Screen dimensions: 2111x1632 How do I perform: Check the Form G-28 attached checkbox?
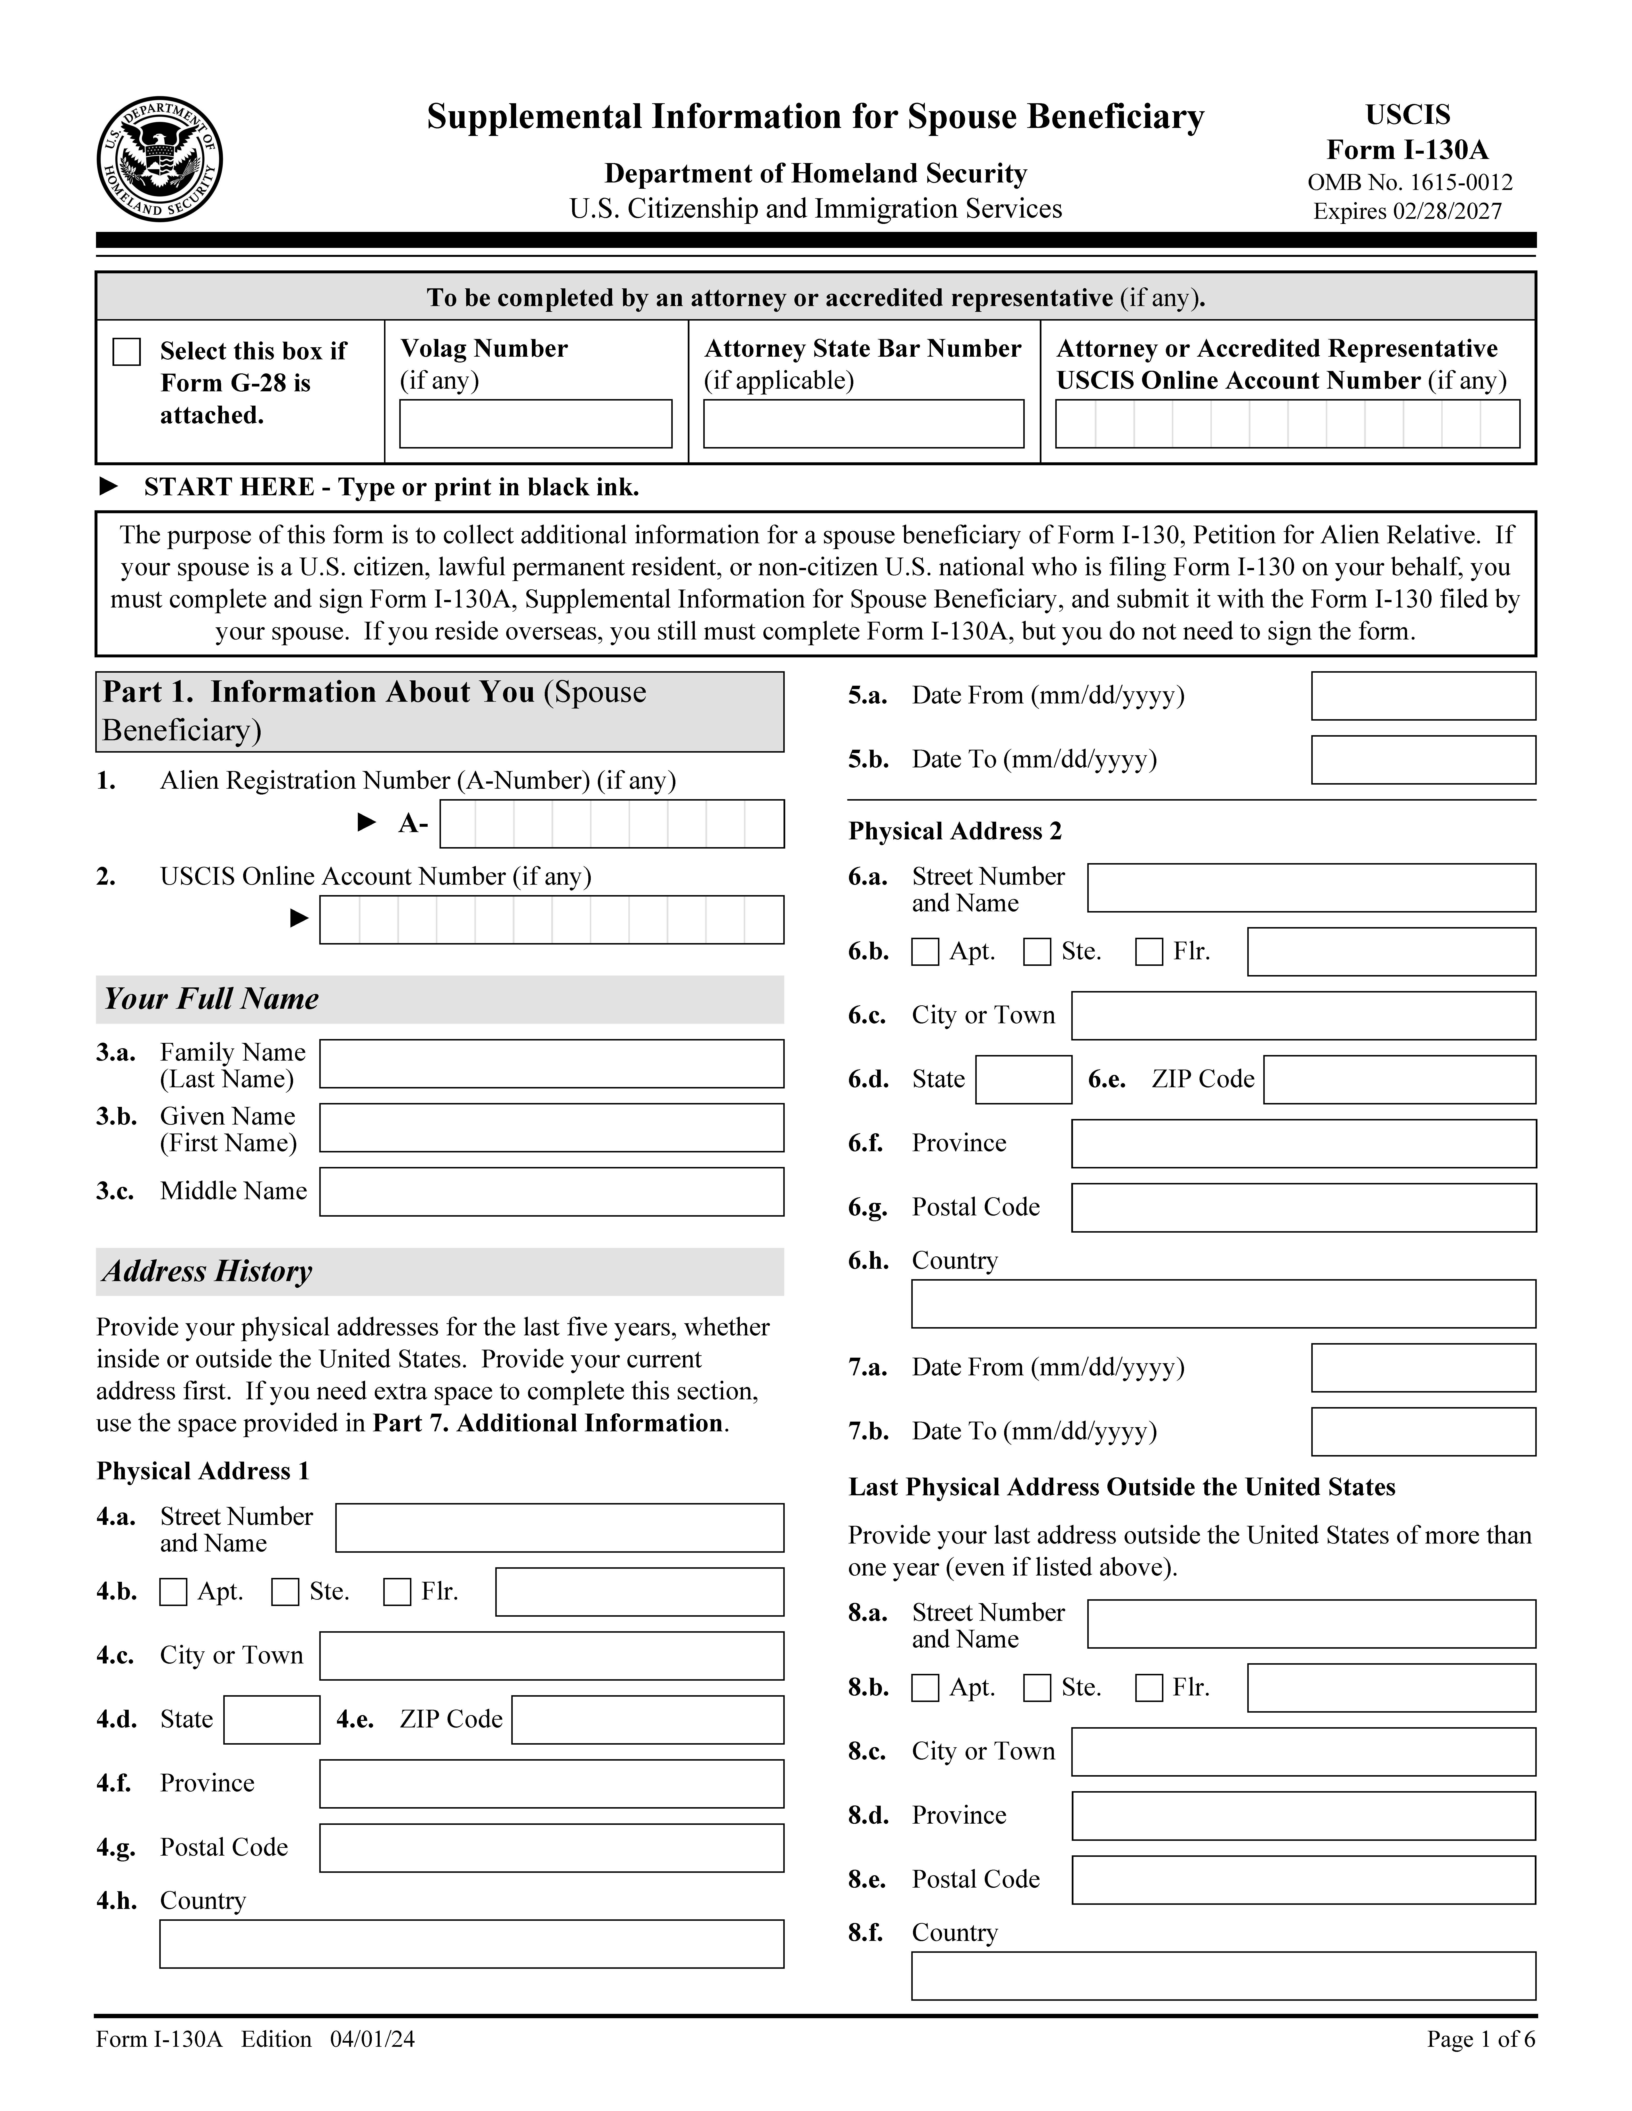coord(127,352)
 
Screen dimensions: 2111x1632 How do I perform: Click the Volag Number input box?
coord(536,424)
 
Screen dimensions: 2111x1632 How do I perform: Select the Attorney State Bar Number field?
coord(863,424)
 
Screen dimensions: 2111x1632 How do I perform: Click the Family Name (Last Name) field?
coord(551,1064)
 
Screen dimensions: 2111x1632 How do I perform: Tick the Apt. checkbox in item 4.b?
coord(173,1592)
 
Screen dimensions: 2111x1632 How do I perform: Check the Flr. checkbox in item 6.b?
coord(1149,952)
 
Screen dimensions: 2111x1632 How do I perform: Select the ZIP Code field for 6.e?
coord(1399,1080)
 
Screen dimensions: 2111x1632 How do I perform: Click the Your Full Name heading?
coord(211,999)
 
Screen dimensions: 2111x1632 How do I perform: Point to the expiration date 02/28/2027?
coord(1447,212)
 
